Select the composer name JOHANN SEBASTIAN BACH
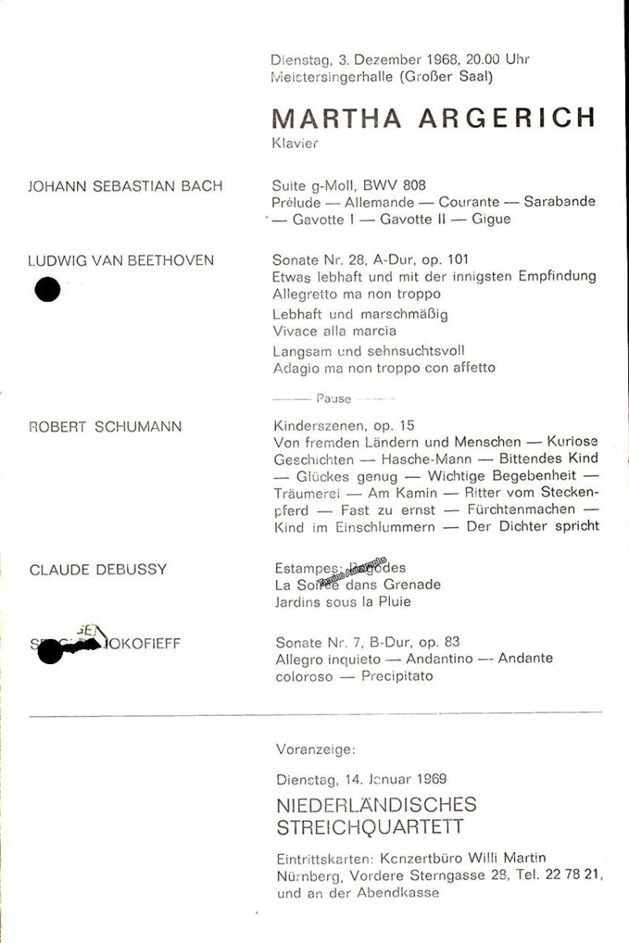(x=126, y=186)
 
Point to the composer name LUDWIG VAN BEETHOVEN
(x=121, y=260)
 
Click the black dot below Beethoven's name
(x=48, y=290)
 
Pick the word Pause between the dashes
(x=333, y=398)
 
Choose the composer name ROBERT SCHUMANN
(x=105, y=427)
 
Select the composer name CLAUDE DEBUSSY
(x=98, y=569)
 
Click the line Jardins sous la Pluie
(x=343, y=602)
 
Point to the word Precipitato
(x=397, y=675)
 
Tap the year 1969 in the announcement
(x=430, y=780)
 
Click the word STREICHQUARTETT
(x=370, y=827)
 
